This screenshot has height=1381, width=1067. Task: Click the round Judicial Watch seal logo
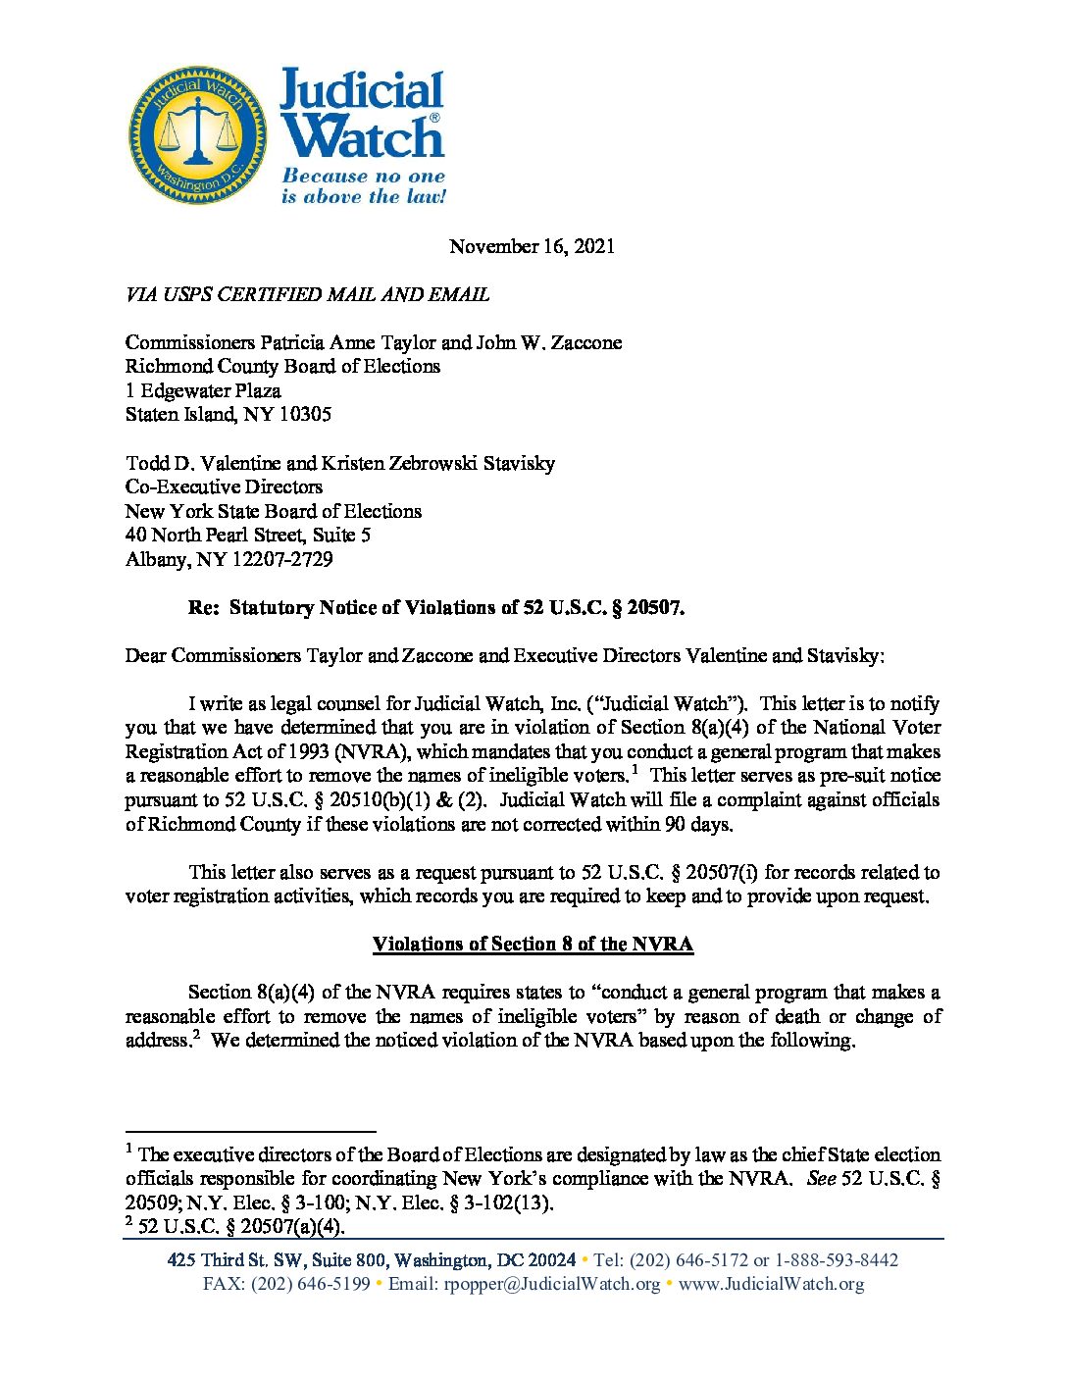tap(197, 135)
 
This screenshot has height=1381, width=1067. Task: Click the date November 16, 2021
tap(532, 246)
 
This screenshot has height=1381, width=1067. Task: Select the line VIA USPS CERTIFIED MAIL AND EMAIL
tap(307, 294)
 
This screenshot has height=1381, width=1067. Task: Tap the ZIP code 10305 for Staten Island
tap(305, 414)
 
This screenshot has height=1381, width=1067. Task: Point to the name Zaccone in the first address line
tap(584, 342)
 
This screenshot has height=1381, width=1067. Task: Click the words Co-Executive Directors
tap(224, 486)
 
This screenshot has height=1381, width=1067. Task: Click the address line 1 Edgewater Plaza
tap(203, 390)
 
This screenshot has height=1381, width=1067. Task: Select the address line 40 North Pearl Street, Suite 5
tap(247, 535)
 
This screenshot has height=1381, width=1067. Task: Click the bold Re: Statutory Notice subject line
tap(436, 607)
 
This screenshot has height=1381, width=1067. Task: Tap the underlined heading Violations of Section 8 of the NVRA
tap(533, 944)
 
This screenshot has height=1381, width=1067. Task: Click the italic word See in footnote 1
tap(820, 1178)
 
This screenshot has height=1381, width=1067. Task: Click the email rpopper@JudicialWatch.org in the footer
tap(552, 1284)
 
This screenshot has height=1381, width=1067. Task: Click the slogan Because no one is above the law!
tap(364, 186)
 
